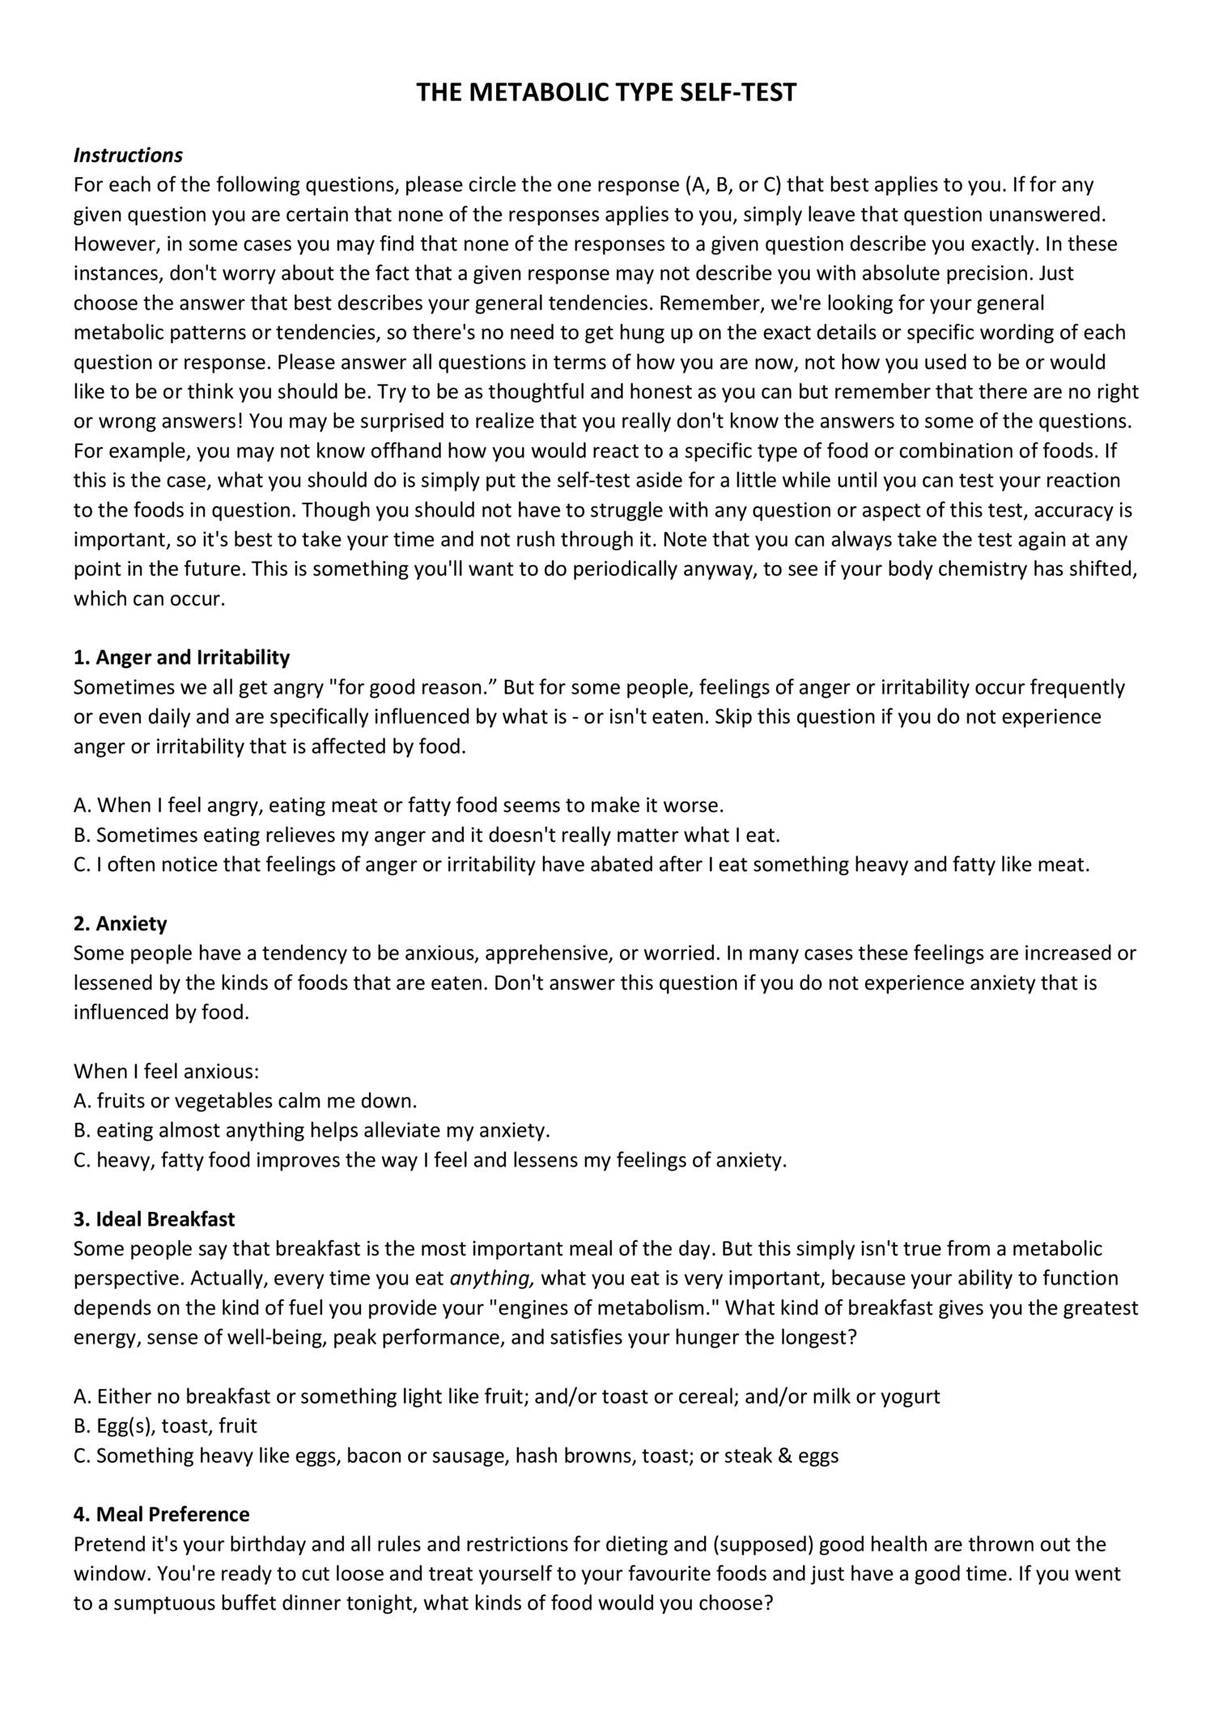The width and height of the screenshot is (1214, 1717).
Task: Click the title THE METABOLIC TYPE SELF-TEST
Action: pyautogui.click(x=606, y=93)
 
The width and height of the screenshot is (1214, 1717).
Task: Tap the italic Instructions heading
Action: pyautogui.click(x=128, y=155)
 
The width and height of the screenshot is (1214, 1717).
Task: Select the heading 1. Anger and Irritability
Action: pyautogui.click(x=181, y=657)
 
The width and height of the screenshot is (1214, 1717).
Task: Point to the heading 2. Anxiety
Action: pyautogui.click(x=120, y=924)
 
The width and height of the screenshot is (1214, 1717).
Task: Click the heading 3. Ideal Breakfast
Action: pyautogui.click(x=154, y=1219)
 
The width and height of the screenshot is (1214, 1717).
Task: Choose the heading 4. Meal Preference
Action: pyautogui.click(x=161, y=1515)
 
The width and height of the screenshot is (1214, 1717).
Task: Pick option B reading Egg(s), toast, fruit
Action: pyautogui.click(x=165, y=1426)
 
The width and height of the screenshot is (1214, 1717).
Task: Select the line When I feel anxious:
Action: pyautogui.click(x=166, y=1072)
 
